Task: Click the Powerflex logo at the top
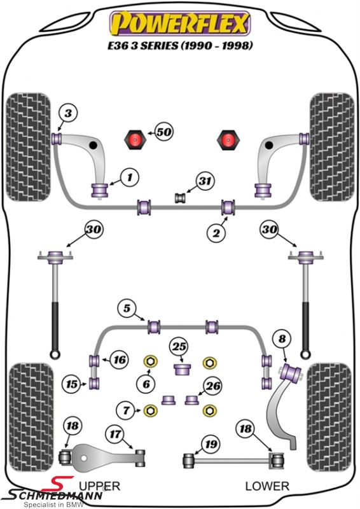(x=180, y=23)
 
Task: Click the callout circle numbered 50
(x=164, y=132)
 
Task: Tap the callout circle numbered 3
(x=68, y=114)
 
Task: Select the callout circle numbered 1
(x=130, y=178)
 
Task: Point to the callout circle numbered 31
(x=205, y=181)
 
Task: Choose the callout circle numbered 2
(x=216, y=232)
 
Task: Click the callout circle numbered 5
(x=127, y=308)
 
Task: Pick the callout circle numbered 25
(x=179, y=347)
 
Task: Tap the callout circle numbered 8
(x=282, y=339)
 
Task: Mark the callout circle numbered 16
(x=120, y=359)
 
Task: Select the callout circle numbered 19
(x=211, y=443)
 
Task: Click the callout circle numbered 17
(x=115, y=434)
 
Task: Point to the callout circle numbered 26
(x=213, y=386)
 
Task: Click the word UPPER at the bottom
(x=100, y=486)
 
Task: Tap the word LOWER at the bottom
(x=267, y=486)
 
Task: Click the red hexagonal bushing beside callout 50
(x=134, y=140)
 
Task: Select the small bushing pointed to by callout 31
(x=180, y=198)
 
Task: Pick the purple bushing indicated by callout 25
(x=182, y=370)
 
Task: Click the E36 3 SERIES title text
(x=180, y=45)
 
